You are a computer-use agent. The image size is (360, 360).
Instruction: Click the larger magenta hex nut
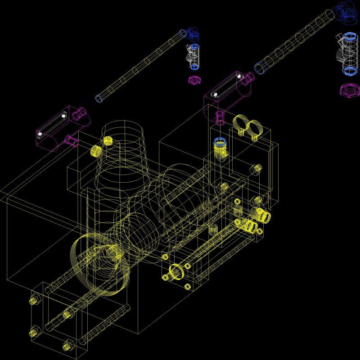tap(349, 90)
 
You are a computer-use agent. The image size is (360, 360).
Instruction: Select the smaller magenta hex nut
tap(194, 80)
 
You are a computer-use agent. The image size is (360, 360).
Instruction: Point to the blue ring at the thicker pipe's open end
tap(260, 68)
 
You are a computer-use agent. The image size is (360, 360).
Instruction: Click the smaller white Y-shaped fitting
tap(193, 57)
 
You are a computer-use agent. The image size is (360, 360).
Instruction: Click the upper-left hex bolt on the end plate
tap(34, 299)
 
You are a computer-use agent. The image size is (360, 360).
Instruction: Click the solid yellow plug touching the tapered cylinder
tap(108, 140)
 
